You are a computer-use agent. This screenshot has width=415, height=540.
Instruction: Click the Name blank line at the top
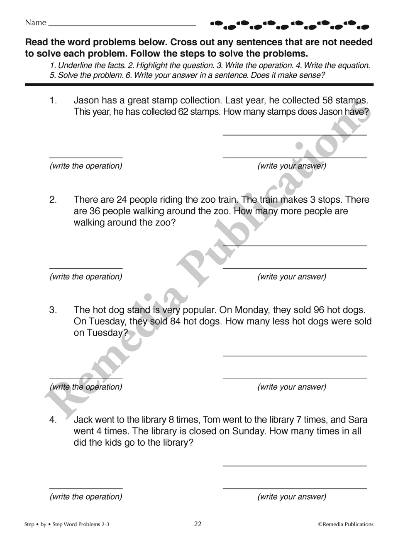click(122, 26)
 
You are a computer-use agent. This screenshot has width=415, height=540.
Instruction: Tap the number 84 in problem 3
click(175, 322)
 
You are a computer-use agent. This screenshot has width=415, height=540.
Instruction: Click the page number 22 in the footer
click(198, 524)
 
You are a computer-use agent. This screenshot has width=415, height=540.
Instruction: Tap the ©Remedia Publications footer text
click(346, 524)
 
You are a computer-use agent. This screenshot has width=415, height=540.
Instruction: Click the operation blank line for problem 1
click(86, 157)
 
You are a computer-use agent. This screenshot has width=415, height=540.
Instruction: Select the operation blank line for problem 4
click(86, 488)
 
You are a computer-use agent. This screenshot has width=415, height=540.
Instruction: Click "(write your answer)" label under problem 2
click(292, 277)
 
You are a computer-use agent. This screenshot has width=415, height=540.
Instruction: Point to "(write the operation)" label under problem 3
click(86, 387)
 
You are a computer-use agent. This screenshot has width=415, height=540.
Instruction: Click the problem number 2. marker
click(53, 200)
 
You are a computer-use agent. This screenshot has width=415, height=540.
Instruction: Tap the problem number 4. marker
click(53, 420)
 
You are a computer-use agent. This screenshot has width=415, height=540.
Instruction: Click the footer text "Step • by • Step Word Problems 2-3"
click(67, 524)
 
